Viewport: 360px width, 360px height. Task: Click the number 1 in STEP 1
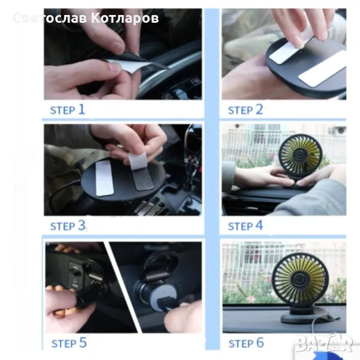coord(82,109)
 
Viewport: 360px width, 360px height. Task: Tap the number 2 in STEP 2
coord(259,109)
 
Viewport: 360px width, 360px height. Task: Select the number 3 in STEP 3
coord(82,225)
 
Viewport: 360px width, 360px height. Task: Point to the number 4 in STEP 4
coord(259,225)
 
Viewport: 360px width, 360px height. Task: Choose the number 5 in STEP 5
coord(83,343)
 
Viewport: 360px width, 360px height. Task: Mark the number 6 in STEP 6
coord(260,343)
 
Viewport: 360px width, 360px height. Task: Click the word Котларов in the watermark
coord(125,18)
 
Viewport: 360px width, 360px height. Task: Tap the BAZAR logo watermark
coord(324,343)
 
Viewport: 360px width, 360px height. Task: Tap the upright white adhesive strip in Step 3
coord(104,178)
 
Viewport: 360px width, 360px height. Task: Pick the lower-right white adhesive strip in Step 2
coord(323,69)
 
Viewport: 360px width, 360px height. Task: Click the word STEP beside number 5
coord(64,344)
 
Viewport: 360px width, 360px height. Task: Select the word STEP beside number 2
coord(241,110)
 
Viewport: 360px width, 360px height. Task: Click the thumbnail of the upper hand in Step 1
coord(118,43)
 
